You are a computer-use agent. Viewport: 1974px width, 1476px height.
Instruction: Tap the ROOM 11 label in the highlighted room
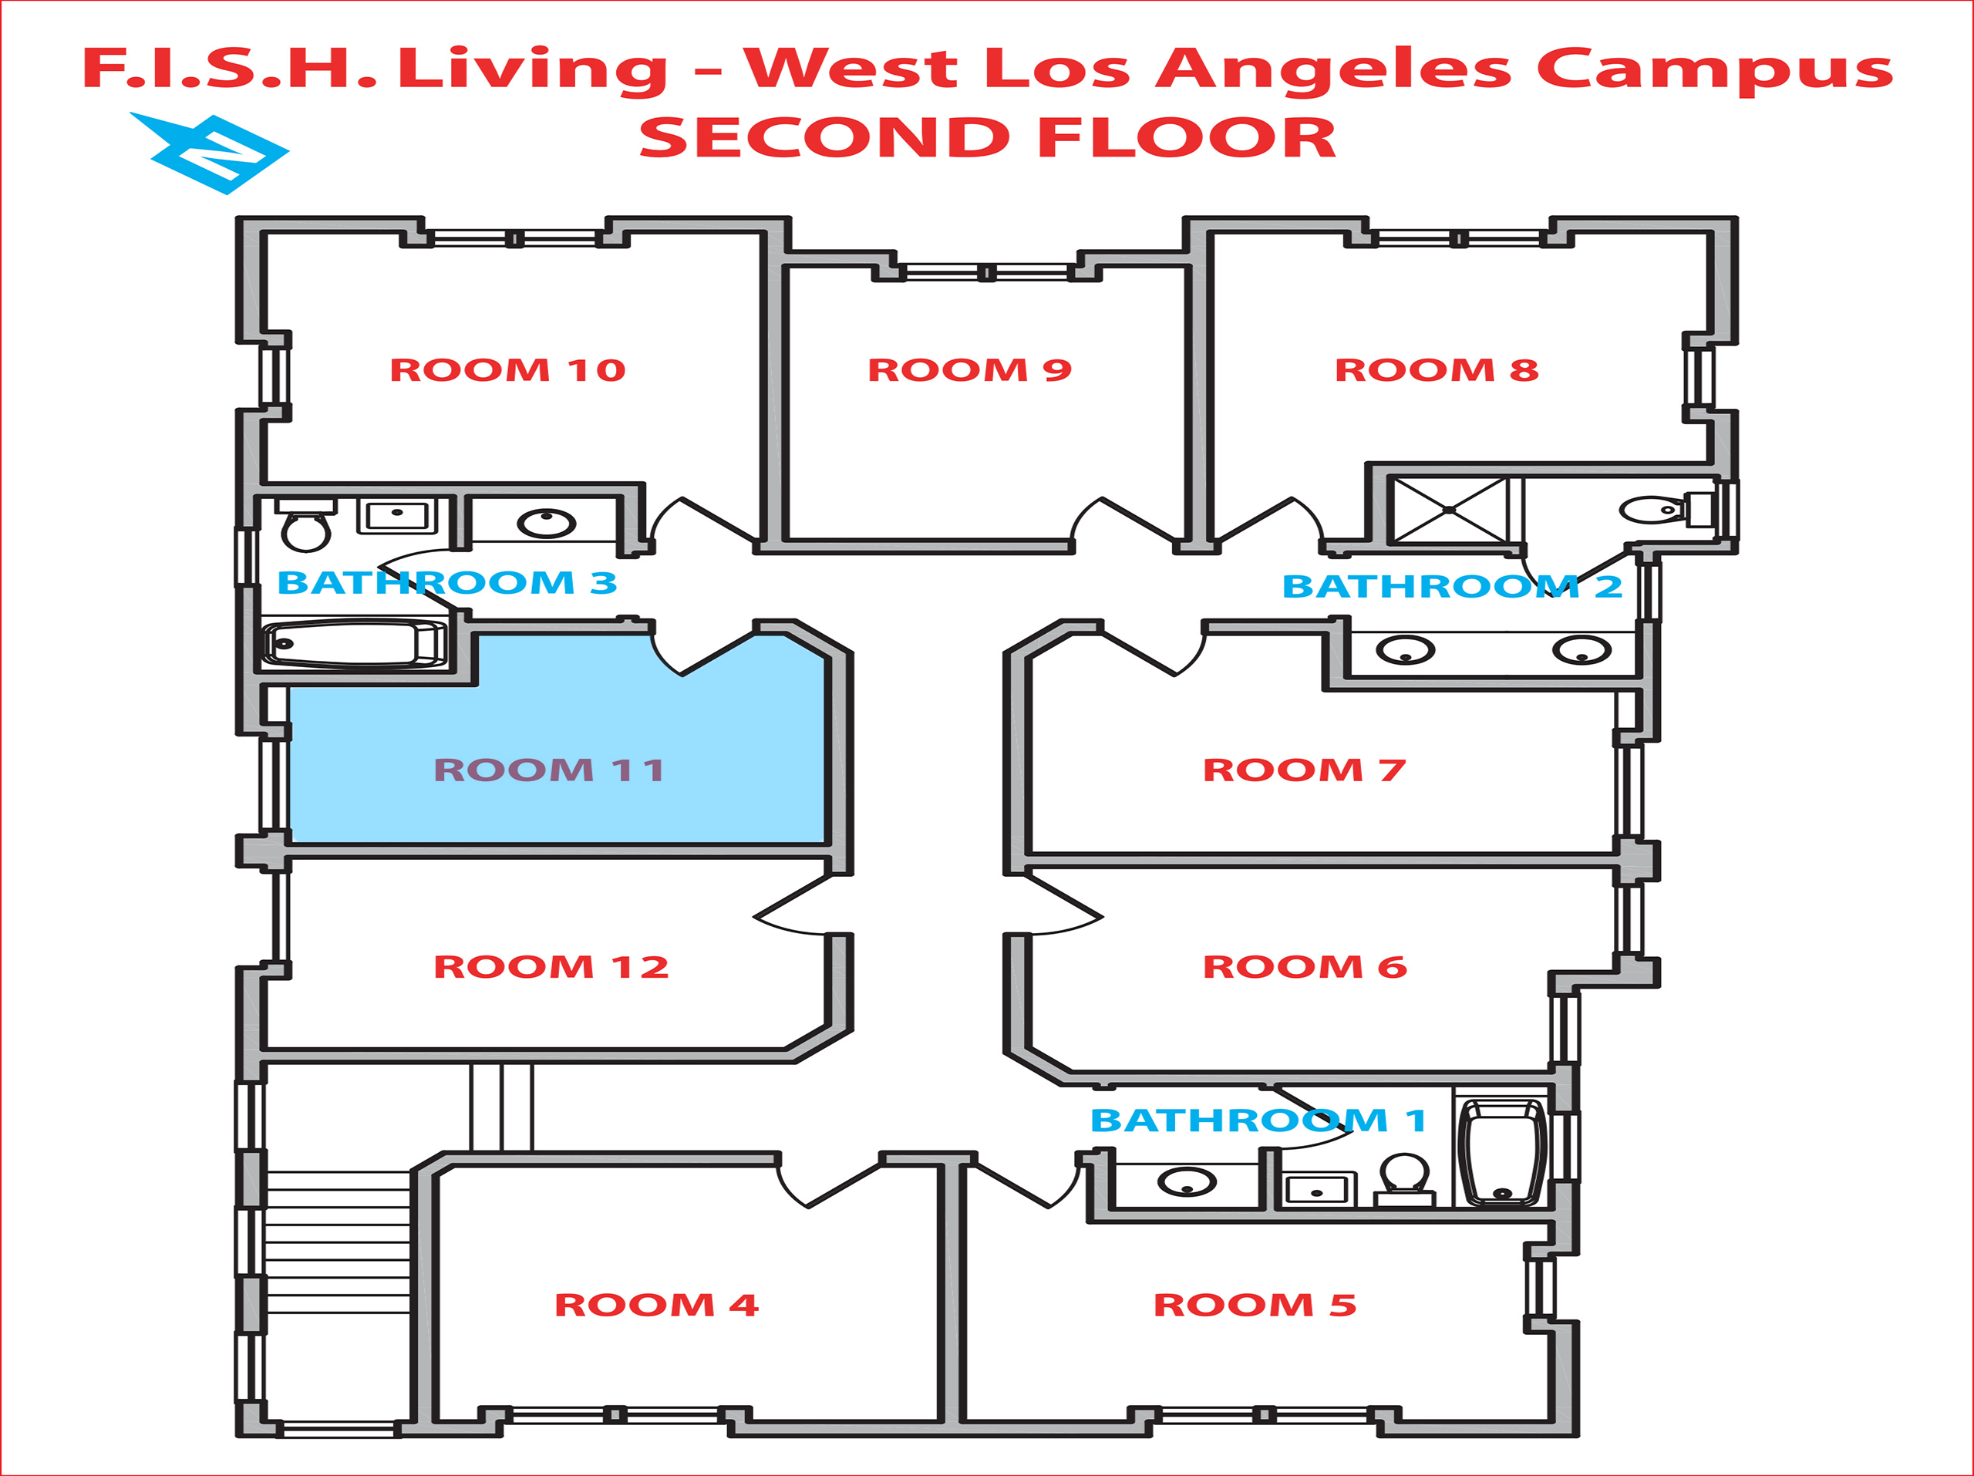(x=549, y=770)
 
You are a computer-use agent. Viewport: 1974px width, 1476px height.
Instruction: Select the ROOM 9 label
(x=969, y=370)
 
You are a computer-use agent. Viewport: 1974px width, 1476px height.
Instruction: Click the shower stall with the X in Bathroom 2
(x=1448, y=510)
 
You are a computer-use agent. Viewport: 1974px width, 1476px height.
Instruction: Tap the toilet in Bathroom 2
(x=1651, y=511)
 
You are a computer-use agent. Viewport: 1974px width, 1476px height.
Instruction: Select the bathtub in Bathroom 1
(x=1503, y=1151)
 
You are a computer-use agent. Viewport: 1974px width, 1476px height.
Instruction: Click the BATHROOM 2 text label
(x=1452, y=587)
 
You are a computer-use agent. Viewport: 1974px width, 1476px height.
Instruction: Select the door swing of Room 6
(x=1062, y=910)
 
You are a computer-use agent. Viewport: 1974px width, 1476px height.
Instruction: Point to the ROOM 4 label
(x=656, y=1306)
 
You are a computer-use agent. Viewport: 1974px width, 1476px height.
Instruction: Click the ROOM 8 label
(x=1436, y=370)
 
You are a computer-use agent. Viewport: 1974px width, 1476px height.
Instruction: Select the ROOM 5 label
(x=1255, y=1306)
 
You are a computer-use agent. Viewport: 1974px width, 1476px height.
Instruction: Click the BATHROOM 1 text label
(x=1258, y=1120)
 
